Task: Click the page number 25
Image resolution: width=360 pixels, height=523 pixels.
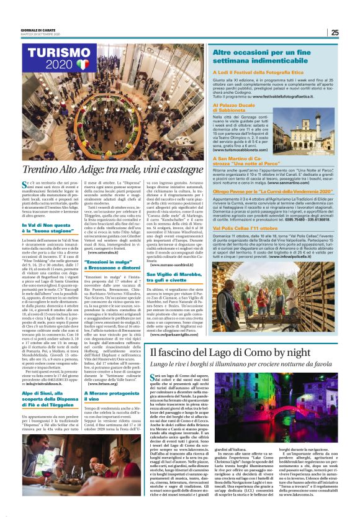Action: click(x=335, y=32)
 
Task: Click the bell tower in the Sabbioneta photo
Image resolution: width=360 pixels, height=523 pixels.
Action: click(x=302, y=132)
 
